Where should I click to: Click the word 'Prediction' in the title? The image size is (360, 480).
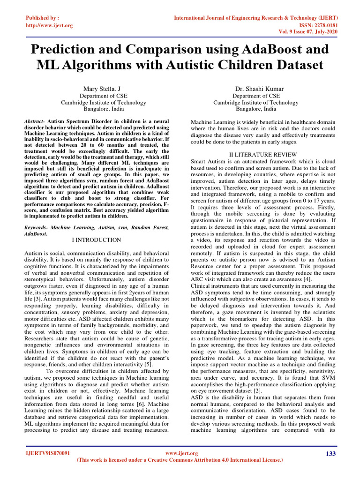[x=68, y=49]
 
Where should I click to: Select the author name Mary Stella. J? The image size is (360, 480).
[x=104, y=88]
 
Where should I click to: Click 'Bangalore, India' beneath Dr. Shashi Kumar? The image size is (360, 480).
[x=255, y=109]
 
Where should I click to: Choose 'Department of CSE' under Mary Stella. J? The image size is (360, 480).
[x=104, y=95]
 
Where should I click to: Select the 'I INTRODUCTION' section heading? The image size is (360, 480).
[x=97, y=240]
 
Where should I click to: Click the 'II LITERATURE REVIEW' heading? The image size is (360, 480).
[x=262, y=154]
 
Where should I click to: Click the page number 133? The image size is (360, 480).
[x=331, y=454]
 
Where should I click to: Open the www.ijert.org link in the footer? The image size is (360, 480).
[x=182, y=453]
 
